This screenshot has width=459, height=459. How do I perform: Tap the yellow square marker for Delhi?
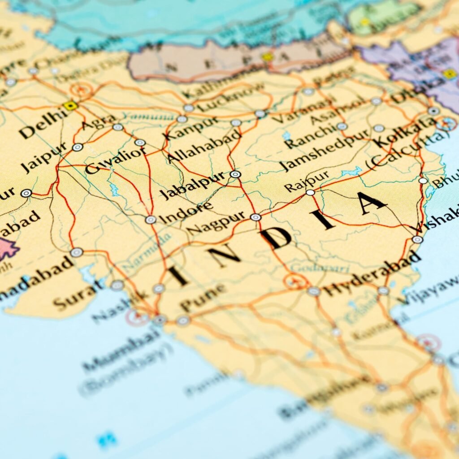point(70,105)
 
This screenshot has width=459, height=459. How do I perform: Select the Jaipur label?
point(44,157)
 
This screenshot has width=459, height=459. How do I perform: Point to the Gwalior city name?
point(115,160)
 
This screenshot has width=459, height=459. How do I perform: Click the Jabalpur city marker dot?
point(235,174)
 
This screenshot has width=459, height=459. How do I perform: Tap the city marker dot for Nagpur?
point(255,217)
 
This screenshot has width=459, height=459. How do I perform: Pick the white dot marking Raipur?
point(310,192)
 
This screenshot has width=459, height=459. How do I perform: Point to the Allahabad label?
point(204,148)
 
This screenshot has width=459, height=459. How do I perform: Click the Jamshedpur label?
point(325,150)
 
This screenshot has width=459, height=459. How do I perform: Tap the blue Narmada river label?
point(147,254)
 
